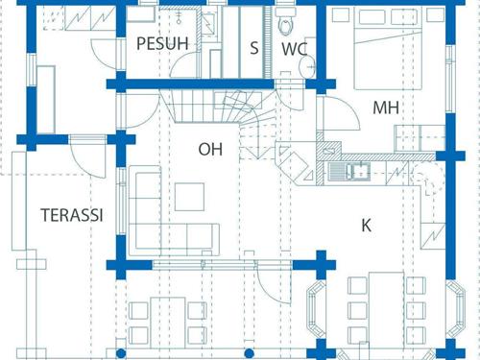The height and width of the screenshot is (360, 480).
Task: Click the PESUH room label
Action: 162,44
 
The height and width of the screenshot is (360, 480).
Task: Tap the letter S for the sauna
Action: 254,48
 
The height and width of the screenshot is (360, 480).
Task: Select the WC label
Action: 294,49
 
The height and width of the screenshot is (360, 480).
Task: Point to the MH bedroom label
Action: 386,108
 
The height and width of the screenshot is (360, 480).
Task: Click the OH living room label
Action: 210,149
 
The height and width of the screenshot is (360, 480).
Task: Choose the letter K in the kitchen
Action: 366,226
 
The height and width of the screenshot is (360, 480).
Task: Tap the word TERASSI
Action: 72,215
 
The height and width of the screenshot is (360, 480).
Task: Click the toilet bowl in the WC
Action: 285,22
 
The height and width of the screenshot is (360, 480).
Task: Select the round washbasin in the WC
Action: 307,67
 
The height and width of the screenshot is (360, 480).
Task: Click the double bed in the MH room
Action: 388,48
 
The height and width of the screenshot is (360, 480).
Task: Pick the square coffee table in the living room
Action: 189,197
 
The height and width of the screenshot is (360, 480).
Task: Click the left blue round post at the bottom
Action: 121,353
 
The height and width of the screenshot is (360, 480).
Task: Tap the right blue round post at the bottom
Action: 249,353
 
